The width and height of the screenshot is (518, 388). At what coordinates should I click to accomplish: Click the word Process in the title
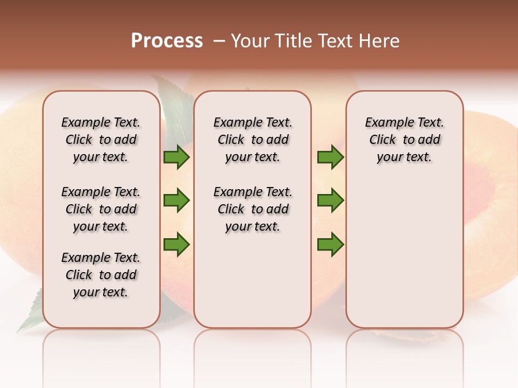coord(167,41)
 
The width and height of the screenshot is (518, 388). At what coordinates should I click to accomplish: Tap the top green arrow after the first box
coord(176,157)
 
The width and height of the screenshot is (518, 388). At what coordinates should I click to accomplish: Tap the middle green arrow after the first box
coord(176,200)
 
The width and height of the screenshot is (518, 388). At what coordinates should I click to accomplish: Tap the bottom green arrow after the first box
coord(176,245)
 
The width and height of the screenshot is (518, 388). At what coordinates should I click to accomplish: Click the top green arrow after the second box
coord(330,157)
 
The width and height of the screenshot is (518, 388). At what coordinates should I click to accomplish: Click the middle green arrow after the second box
coord(330,200)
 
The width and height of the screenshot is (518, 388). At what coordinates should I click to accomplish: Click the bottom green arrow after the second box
coord(330,245)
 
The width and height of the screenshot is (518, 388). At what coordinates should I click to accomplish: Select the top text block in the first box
coord(101,140)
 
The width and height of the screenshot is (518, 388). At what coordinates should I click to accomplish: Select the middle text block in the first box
coord(101,209)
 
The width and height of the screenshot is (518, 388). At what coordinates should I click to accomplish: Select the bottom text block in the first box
coord(101,275)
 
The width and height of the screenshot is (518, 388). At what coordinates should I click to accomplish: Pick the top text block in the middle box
coord(253,140)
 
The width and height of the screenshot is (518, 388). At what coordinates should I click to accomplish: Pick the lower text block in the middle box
coord(253,209)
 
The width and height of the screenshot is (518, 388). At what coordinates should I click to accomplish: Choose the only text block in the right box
coord(404,140)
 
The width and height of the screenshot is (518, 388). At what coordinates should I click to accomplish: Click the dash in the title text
coord(219,41)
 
